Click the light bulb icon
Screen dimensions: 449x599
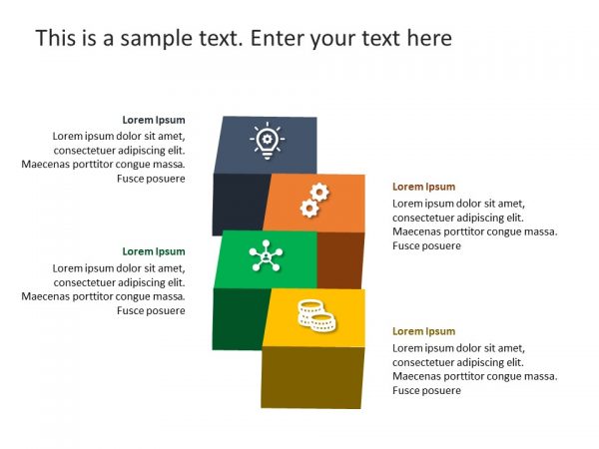pyautogui.click(x=267, y=142)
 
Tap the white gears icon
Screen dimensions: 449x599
pyautogui.click(x=314, y=201)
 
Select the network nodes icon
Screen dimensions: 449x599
pyautogui.click(x=267, y=256)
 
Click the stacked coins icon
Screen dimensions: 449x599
pyautogui.click(x=314, y=314)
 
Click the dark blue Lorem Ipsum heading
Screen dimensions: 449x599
pyautogui.click(x=154, y=120)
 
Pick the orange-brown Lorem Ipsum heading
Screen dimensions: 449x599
pyautogui.click(x=423, y=187)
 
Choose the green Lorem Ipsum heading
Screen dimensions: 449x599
pyautogui.click(x=154, y=251)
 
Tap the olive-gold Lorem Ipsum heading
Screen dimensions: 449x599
pyautogui.click(x=423, y=331)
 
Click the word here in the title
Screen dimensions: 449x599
pyautogui.click(x=427, y=39)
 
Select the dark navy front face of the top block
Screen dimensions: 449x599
pyautogui.click(x=240, y=203)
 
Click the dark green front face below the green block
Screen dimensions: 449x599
pyautogui.click(x=238, y=319)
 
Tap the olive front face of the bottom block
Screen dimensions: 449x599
pyautogui.click(x=311, y=377)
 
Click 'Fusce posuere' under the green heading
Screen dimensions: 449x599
pyautogui.click(x=151, y=310)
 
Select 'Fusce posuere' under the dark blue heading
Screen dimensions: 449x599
pyautogui.click(x=151, y=179)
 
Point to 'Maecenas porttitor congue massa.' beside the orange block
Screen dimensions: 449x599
pyautogui.click(x=475, y=231)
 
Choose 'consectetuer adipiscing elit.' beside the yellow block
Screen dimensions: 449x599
pyautogui.click(x=458, y=362)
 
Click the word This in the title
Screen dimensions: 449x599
pyautogui.click(x=55, y=39)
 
